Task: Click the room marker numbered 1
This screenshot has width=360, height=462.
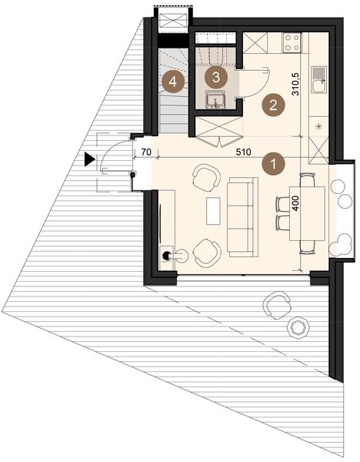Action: [271, 163]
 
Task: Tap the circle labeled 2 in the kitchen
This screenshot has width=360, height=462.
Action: [270, 105]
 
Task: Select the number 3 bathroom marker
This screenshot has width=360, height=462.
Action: [217, 76]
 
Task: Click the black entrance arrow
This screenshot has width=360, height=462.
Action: [90, 160]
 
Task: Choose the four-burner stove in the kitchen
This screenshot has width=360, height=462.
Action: [292, 42]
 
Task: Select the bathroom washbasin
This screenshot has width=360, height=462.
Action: [215, 98]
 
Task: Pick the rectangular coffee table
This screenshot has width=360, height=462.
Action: [213, 210]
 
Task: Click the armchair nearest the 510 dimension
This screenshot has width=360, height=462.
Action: [205, 177]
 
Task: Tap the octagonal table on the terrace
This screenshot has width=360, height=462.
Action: [297, 328]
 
